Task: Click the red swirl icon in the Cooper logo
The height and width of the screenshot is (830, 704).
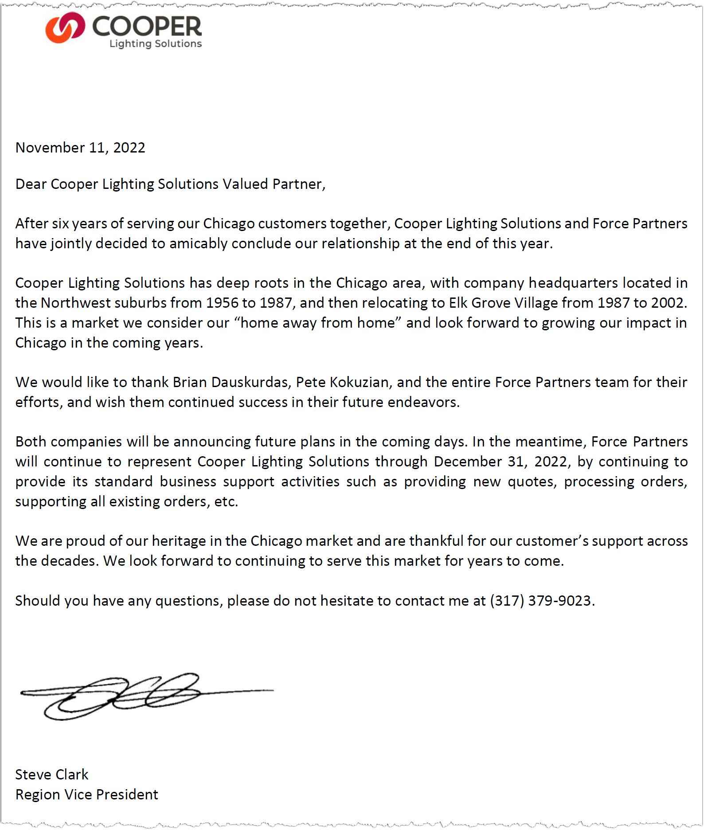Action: click(65, 27)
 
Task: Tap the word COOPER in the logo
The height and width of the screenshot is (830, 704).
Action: click(147, 26)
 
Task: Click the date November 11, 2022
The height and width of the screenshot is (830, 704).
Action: click(80, 148)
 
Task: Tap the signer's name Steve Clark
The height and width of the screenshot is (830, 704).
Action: click(52, 775)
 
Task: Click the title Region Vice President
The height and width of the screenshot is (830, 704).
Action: click(87, 795)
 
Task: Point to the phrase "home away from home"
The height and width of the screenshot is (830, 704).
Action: click(317, 323)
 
